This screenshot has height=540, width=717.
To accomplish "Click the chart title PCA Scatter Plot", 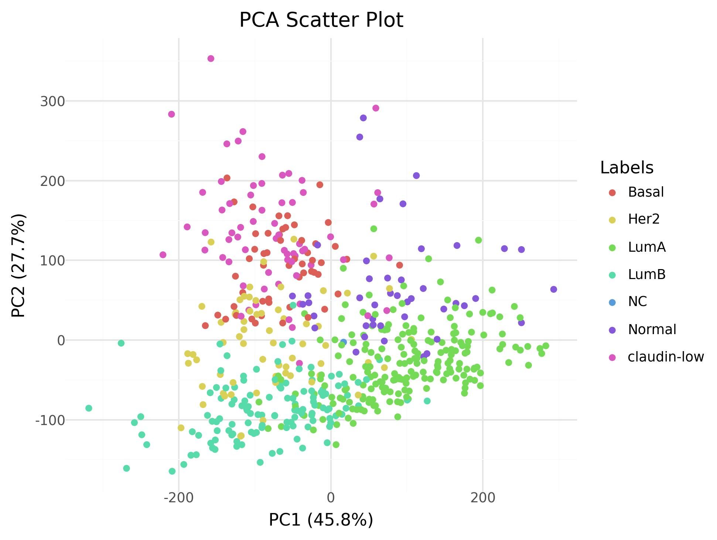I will pyautogui.click(x=321, y=20).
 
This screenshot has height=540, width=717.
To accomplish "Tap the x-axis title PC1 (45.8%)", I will pyautogui.click(x=321, y=520).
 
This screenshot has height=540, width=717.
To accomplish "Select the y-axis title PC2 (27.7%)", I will pyautogui.click(x=18, y=265).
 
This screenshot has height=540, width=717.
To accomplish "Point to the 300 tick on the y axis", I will pyautogui.click(x=52, y=101).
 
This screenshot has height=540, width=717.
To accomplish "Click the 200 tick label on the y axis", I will pyautogui.click(x=52, y=181).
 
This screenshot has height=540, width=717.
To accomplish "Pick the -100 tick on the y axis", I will pyautogui.click(x=50, y=420).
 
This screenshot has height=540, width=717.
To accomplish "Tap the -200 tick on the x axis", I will pyautogui.click(x=179, y=498).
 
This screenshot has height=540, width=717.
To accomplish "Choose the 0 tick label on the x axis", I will pyautogui.click(x=331, y=498).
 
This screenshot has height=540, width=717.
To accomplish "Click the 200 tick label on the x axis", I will pyautogui.click(x=482, y=498).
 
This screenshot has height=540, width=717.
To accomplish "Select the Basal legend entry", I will pyautogui.click(x=646, y=192).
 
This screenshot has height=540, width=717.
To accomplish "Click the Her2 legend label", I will pyautogui.click(x=643, y=220).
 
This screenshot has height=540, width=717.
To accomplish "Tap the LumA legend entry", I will pyautogui.click(x=646, y=247).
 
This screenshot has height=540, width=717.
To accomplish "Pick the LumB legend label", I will pyautogui.click(x=646, y=275).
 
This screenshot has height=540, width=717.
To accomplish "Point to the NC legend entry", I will pyautogui.click(x=637, y=302).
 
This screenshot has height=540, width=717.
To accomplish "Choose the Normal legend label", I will pyautogui.click(x=652, y=330).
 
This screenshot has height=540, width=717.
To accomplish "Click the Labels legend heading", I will pyautogui.click(x=626, y=168).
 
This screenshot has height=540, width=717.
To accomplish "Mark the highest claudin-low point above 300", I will pyautogui.click(x=211, y=59).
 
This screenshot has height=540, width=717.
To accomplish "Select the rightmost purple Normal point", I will pyautogui.click(x=553, y=289).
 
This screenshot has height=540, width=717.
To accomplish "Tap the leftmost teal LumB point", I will pyautogui.click(x=89, y=408).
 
